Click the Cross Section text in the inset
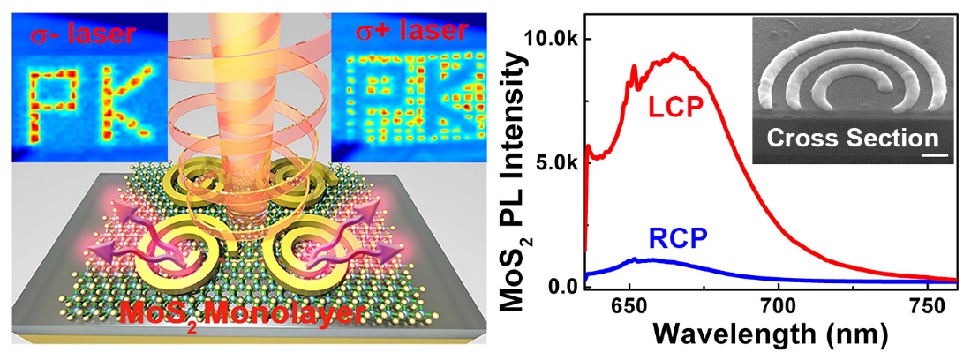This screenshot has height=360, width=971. point(849,139)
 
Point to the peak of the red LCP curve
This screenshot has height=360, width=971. point(675,55)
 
